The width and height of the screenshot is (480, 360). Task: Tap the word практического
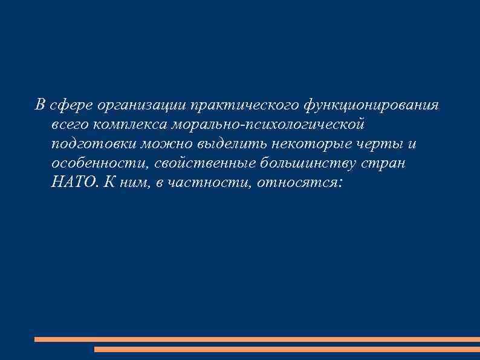pos(242,106)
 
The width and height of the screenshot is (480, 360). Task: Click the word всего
pos(70,125)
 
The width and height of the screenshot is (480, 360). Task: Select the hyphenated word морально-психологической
pos(268,125)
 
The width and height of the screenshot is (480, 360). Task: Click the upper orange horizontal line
pos(257,339)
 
